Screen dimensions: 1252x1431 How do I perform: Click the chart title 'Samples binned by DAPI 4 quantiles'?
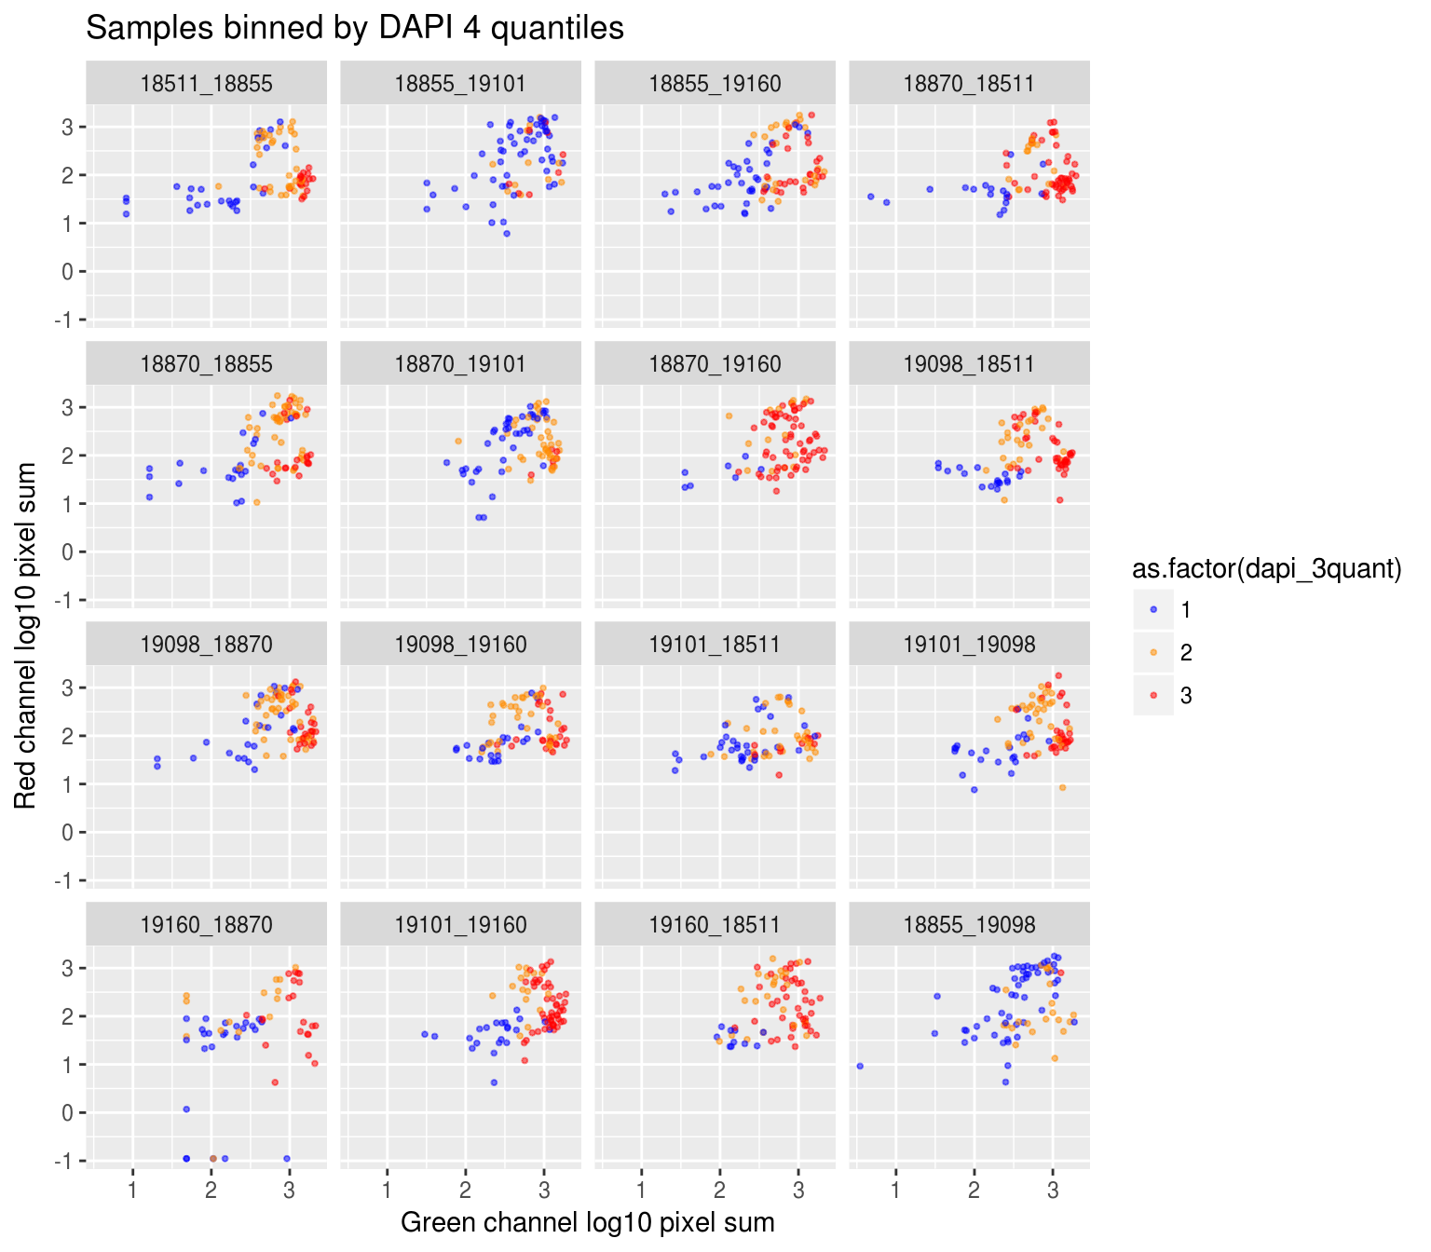click(x=355, y=28)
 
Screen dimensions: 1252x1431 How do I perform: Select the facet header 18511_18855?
click(x=206, y=84)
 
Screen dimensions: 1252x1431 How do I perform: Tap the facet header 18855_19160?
click(x=715, y=84)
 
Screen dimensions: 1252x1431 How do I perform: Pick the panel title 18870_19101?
click(x=460, y=364)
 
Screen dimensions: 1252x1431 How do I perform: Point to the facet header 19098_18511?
click(x=969, y=364)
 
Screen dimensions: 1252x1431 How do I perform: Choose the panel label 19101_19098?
click(x=969, y=645)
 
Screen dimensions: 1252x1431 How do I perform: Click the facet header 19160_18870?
click(x=206, y=925)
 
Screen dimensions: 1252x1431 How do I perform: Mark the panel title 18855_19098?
click(x=969, y=925)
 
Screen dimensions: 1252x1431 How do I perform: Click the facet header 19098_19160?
click(x=460, y=645)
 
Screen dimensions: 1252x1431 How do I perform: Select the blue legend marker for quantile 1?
click(x=1154, y=610)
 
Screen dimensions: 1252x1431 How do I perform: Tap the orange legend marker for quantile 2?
click(x=1154, y=653)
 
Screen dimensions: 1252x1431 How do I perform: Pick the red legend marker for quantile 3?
click(x=1154, y=696)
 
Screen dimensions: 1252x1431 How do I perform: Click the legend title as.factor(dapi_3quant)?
click(x=1266, y=569)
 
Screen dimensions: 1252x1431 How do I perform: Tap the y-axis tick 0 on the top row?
click(x=68, y=272)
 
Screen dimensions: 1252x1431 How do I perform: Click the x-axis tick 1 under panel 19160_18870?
click(x=133, y=1190)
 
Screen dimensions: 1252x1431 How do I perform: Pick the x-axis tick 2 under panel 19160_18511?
click(x=719, y=1190)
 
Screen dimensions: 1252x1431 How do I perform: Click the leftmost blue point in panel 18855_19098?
click(x=859, y=1066)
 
